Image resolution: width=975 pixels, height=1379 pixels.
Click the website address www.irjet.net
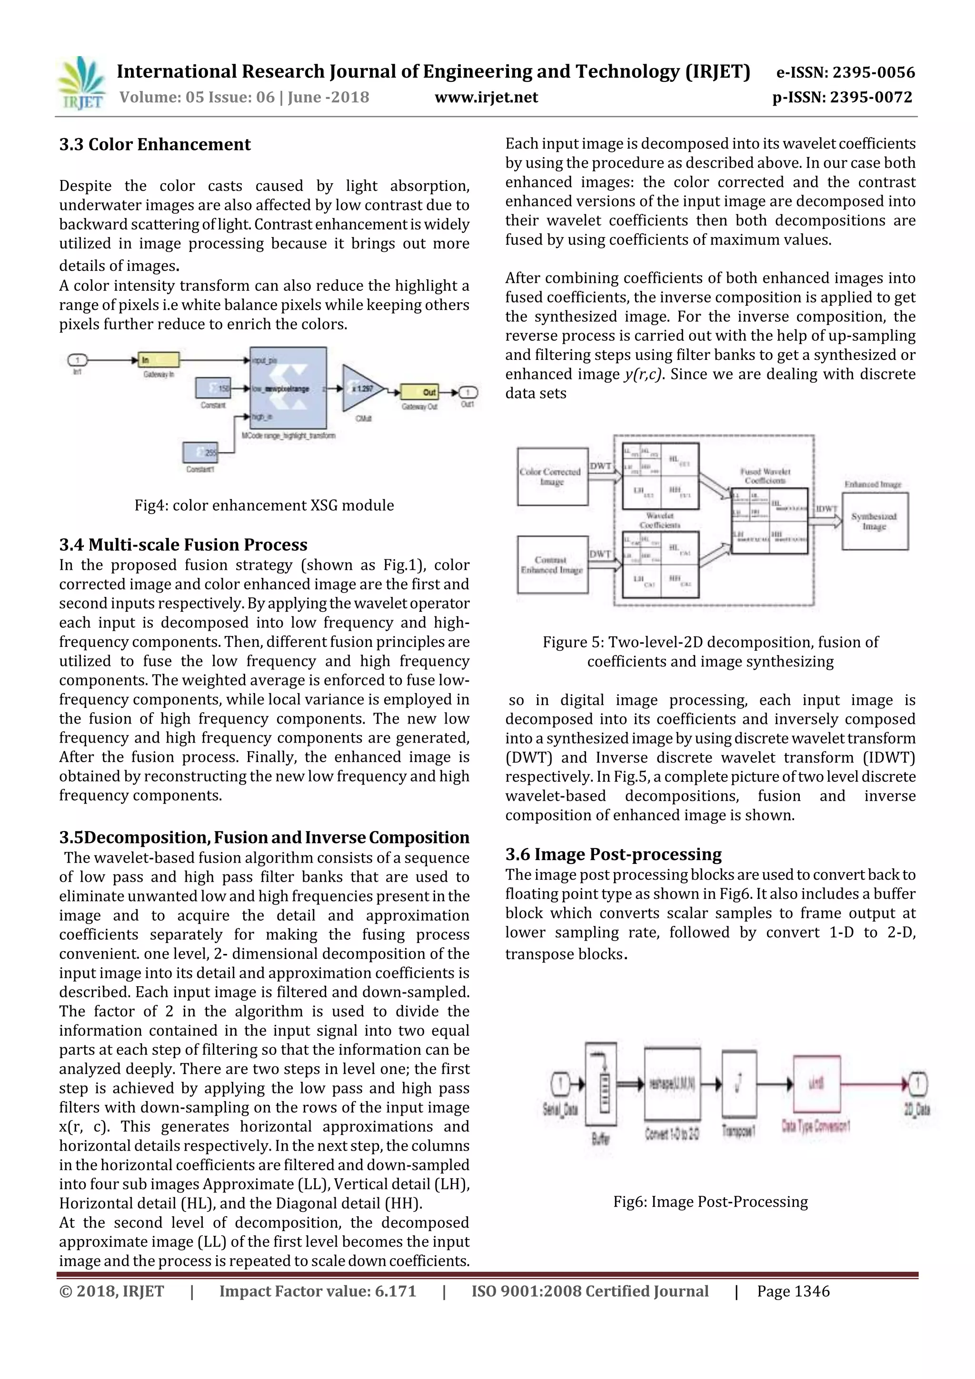coord(486,97)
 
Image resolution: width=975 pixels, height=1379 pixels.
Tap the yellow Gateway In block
coord(159,360)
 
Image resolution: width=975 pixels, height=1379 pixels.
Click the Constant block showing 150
coord(213,388)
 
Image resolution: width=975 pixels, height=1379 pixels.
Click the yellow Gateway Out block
coord(419,392)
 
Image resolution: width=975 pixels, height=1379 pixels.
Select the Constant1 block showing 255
coord(200,453)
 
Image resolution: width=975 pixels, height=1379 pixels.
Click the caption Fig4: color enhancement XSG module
coord(264,506)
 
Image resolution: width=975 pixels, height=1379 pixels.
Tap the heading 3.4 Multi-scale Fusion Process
coord(183,545)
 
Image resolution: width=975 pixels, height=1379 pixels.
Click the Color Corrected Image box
coord(552,476)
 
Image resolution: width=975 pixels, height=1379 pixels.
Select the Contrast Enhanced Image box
coord(552,565)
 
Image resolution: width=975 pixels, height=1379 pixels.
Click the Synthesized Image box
coord(874,521)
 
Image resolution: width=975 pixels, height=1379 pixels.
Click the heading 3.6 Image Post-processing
coord(613,854)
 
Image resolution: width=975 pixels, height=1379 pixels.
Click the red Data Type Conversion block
coord(816,1084)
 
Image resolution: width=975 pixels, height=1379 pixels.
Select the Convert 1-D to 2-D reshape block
coord(672,1084)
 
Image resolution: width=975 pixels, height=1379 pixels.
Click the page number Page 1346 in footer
coord(793,1291)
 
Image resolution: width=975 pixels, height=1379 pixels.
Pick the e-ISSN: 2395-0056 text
coord(845,73)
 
